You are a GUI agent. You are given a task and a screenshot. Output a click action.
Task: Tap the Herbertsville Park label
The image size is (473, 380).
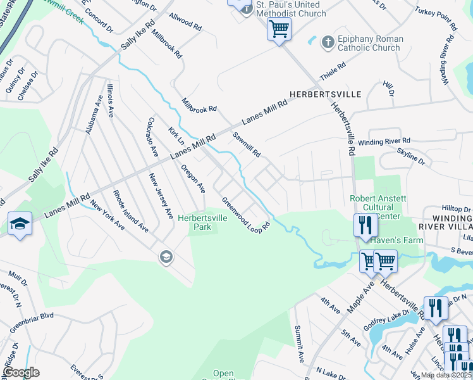tap(202, 222)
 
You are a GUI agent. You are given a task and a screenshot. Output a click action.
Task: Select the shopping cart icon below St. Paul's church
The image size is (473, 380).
tap(278, 28)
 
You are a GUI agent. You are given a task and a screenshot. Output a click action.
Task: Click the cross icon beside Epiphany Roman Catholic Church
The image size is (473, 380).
tap(328, 42)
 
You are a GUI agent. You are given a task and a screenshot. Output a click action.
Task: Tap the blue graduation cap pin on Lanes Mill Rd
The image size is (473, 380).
tap(20, 224)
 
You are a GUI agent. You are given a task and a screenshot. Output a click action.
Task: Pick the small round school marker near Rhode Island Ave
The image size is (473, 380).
tap(166, 256)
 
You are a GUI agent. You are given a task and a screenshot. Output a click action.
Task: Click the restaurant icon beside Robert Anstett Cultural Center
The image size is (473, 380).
tap(365, 225)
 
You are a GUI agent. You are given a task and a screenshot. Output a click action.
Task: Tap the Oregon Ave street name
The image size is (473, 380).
tap(193, 179)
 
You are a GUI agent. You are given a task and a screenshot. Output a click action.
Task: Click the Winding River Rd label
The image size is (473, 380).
tap(384, 141)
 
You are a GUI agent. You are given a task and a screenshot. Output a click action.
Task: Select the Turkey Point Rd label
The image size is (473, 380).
tap(436, 19)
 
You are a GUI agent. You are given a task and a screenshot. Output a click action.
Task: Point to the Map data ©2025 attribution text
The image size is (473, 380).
tap(446, 375)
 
